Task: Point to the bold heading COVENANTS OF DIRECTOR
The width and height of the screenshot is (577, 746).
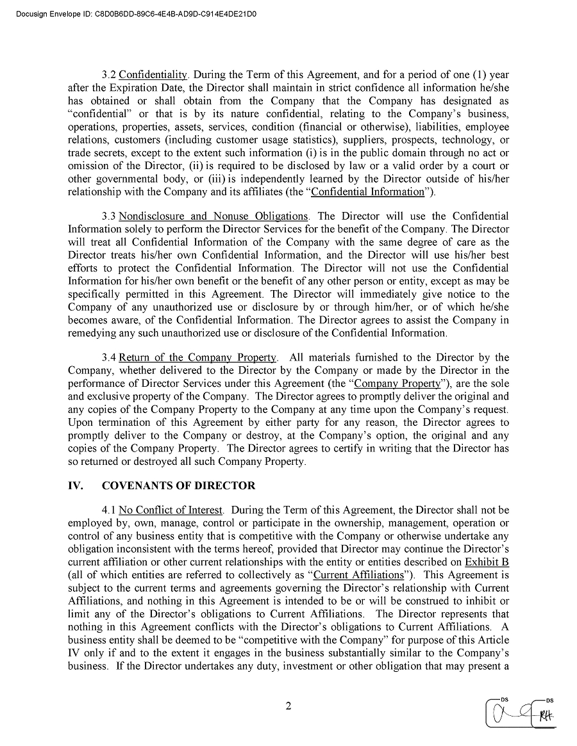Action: click(178, 485)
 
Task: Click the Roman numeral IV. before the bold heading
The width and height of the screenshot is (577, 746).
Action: click(76, 485)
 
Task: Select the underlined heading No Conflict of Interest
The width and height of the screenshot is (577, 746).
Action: click(171, 510)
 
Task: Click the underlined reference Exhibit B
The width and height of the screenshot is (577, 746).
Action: click(487, 562)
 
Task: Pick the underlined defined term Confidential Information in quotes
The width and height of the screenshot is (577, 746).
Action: click(367, 191)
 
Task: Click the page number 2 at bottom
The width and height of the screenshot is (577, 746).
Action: click(288, 707)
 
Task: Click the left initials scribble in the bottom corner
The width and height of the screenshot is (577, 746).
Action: click(510, 712)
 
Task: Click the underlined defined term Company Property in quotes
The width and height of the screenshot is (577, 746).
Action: click(397, 384)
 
